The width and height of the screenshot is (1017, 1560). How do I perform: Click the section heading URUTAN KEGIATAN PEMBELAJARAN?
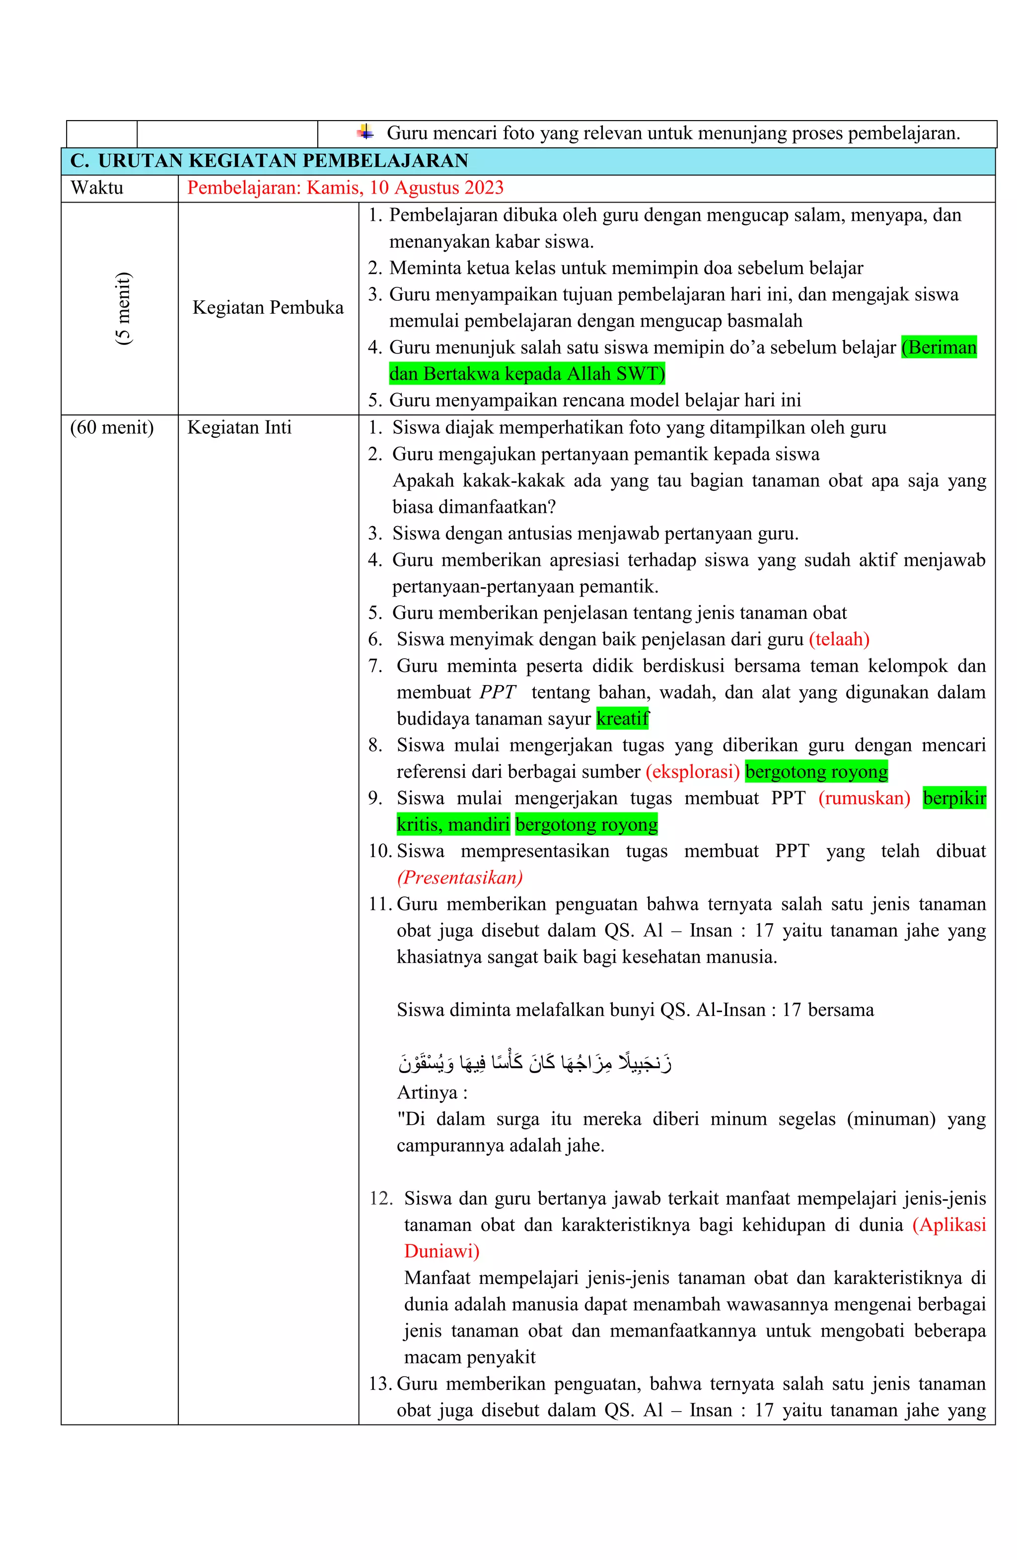click(x=282, y=161)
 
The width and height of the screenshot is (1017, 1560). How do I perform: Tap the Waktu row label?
click(x=97, y=188)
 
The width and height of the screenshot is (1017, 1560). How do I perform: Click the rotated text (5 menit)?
click(x=123, y=308)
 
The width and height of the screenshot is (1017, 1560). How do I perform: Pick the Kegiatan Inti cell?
click(x=239, y=427)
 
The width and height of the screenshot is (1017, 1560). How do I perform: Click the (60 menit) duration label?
click(x=111, y=427)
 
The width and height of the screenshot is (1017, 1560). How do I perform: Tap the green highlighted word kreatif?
click(x=622, y=718)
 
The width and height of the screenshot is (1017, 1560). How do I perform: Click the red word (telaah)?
click(x=839, y=639)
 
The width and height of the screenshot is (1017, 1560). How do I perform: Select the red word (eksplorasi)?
click(x=692, y=771)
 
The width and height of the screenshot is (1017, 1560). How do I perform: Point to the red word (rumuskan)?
click(x=864, y=798)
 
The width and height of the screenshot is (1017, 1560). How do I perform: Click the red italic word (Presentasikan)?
click(x=460, y=877)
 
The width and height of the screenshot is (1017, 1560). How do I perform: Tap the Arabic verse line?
click(x=534, y=1062)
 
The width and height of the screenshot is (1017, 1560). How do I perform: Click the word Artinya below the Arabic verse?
click(x=427, y=1092)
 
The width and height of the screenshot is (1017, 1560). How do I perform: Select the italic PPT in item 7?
click(x=497, y=692)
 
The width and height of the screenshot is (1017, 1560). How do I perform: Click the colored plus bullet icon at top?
click(x=365, y=133)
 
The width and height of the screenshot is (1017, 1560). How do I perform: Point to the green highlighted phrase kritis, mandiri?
click(x=453, y=824)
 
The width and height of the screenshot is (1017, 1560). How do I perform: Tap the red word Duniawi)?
click(x=441, y=1251)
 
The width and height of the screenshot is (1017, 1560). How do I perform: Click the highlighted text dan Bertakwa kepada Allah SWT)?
click(x=526, y=374)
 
